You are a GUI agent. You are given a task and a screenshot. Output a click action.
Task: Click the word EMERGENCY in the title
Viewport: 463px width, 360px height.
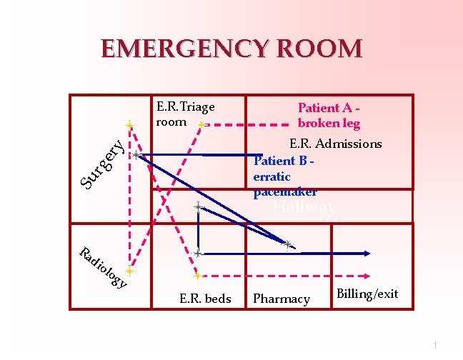point(181,49)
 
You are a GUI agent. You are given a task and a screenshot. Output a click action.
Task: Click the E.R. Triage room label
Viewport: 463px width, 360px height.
point(184,114)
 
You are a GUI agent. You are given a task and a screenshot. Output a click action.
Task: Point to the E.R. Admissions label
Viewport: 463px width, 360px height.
point(334,144)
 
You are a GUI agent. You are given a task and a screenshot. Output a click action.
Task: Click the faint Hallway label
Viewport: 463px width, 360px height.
point(304,208)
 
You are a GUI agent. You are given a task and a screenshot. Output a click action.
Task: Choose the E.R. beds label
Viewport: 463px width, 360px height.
point(205,299)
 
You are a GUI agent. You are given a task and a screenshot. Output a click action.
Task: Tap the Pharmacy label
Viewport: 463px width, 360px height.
point(282,299)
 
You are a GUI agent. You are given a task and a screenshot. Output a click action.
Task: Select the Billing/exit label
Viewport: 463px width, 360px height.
point(367,294)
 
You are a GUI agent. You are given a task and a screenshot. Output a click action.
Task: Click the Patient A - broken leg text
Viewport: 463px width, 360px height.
point(328,115)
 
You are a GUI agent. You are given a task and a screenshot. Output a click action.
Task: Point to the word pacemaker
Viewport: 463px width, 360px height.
point(285,191)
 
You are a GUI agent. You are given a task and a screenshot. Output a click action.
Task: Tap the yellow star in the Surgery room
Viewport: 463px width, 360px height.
point(129,125)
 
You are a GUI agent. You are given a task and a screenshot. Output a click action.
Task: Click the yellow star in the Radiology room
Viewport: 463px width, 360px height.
point(129,272)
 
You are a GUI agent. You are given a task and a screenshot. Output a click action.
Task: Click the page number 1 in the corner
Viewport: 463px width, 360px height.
point(434,346)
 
